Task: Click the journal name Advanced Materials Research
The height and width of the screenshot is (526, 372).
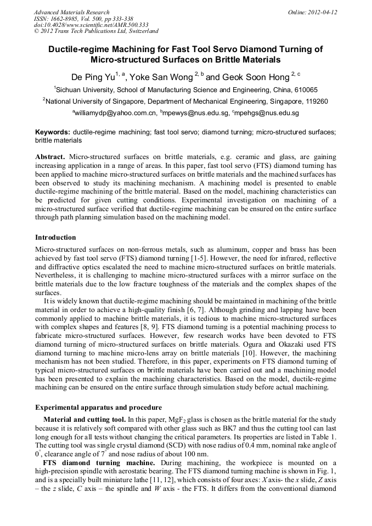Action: (71, 12)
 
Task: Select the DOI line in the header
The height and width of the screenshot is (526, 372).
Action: (91, 25)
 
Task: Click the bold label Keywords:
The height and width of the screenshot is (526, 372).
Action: (53, 132)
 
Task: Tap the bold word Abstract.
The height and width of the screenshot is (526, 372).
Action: (50, 156)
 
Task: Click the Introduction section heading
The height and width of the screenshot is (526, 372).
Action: (55, 237)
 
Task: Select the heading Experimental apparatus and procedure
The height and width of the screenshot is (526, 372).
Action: (98, 408)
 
